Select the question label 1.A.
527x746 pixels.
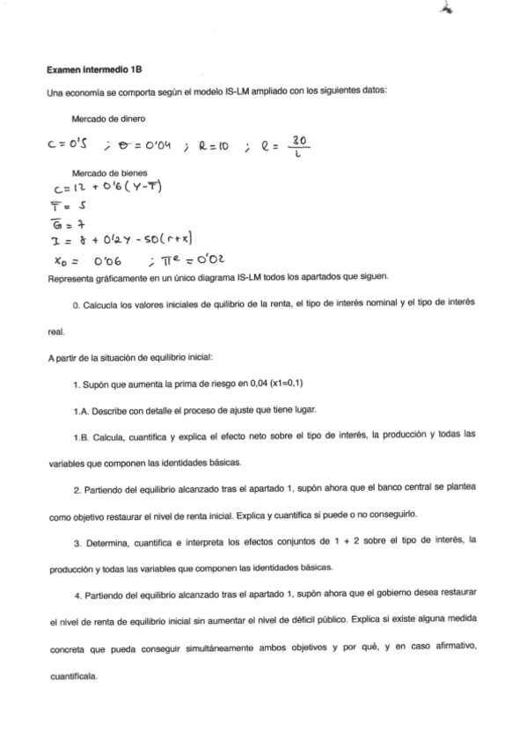(x=84, y=411)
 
